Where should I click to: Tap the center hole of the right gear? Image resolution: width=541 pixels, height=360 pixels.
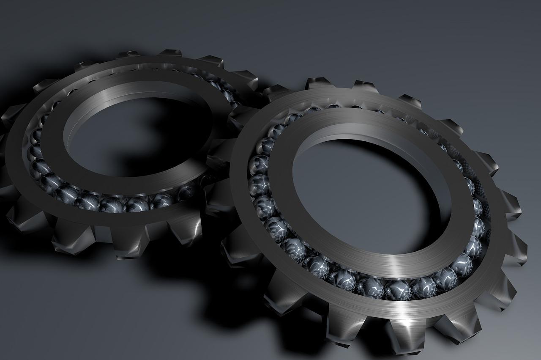click(363, 195)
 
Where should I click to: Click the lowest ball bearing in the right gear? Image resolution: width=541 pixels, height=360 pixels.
click(397, 289)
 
